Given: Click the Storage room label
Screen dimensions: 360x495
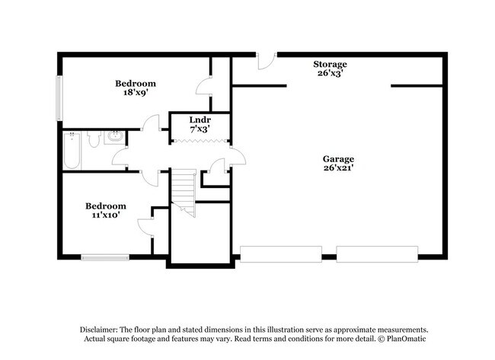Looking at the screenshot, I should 330,64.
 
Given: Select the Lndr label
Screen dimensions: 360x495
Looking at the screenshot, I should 200,120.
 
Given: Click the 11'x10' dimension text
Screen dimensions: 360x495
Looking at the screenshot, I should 105,215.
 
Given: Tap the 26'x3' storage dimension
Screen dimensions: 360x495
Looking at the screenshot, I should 330,74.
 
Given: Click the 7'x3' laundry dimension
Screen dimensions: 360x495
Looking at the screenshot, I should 200,130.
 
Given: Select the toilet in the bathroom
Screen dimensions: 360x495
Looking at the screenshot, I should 93,138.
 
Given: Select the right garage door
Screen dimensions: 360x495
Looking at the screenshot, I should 377,253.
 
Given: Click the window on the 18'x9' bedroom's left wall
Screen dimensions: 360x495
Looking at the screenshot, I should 59,97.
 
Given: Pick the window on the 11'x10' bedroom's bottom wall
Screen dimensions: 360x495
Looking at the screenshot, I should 105,256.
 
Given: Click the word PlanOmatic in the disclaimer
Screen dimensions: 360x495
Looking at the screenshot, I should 395,338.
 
